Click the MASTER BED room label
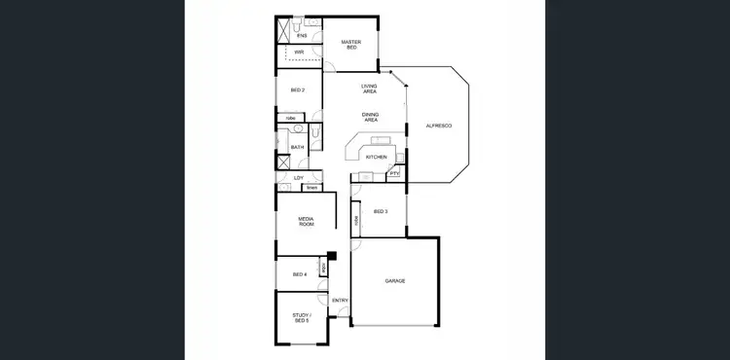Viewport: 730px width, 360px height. [350, 45]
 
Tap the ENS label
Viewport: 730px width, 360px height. [302, 35]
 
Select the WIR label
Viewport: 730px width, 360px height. [300, 52]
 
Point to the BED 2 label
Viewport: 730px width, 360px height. [298, 90]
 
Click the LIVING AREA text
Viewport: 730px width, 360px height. [370, 89]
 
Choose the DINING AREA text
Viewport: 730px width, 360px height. [371, 118]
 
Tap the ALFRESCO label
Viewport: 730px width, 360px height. [439, 126]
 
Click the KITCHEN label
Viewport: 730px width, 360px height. [377, 157]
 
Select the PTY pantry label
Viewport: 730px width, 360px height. [394, 173]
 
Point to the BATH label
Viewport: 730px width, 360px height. [298, 148]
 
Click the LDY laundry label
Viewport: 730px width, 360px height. [299, 178]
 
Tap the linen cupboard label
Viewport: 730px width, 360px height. [312, 187]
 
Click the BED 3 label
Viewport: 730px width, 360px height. [381, 211]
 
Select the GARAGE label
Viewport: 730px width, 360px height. [394, 281]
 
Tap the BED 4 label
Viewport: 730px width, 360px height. [300, 274]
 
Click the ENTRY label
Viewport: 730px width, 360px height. [340, 301]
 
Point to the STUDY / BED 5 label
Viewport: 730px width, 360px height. [301, 317]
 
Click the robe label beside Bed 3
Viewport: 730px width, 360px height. [357, 220]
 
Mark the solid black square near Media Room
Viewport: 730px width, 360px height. [332, 256]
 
